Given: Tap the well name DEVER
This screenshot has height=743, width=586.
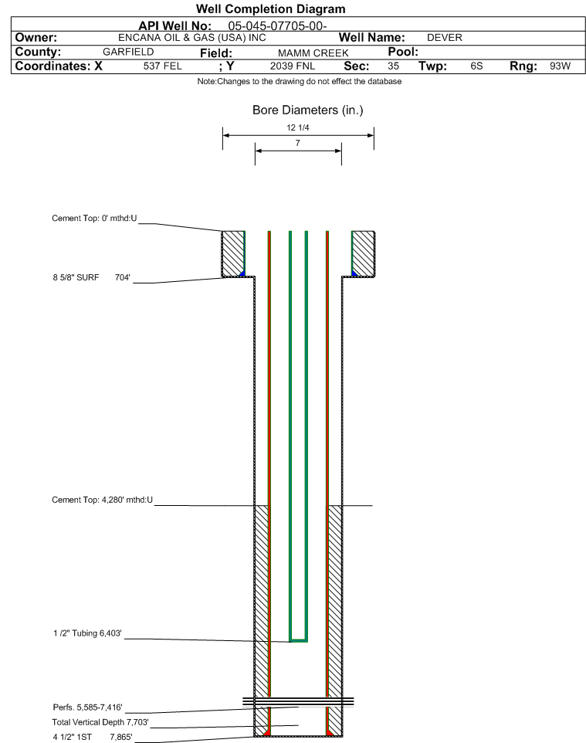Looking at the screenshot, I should click(444, 38).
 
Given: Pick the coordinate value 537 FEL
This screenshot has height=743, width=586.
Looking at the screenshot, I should click(162, 66).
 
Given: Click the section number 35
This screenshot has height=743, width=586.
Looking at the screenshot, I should click(393, 66).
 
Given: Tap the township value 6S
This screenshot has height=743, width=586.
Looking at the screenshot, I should click(476, 66).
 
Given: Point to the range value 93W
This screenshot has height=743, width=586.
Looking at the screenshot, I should click(559, 66).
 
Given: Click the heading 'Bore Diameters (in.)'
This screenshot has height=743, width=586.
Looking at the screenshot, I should click(307, 110).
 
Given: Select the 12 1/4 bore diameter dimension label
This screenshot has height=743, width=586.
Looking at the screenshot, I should click(297, 128).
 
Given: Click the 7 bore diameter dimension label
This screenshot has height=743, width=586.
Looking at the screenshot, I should click(297, 144).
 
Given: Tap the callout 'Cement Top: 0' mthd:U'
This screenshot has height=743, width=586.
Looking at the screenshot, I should click(94, 219).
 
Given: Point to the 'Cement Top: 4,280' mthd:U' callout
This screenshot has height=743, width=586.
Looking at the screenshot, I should click(102, 500).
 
